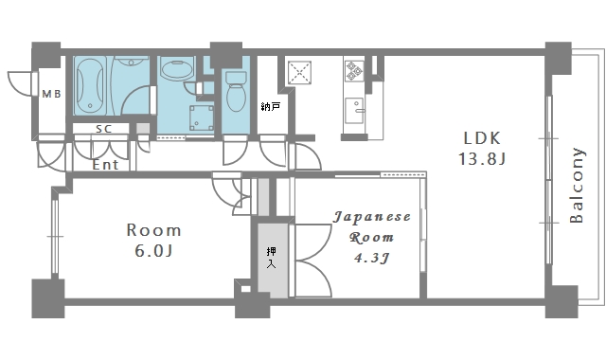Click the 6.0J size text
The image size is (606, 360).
(153, 251)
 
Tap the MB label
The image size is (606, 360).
(51, 94)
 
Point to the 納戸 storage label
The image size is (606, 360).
(270, 106)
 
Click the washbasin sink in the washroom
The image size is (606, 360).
(175, 69)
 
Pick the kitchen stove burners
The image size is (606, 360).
(354, 69)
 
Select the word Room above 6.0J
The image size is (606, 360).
(153, 230)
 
